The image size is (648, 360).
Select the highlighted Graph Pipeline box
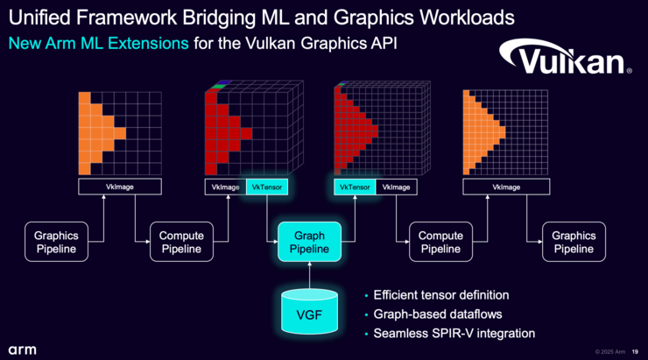pos(309,242)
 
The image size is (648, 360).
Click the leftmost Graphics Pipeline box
pos(56,242)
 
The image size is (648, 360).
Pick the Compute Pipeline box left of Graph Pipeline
pos(182,242)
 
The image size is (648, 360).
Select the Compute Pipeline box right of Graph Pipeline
pos(440,242)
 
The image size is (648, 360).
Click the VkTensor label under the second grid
pos(266,187)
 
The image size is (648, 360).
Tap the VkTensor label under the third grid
pos(353,187)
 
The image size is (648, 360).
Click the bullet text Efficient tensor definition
pos(440,295)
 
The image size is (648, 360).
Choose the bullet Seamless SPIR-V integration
pos(454,333)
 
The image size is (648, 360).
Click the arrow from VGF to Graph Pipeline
pos(309,273)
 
